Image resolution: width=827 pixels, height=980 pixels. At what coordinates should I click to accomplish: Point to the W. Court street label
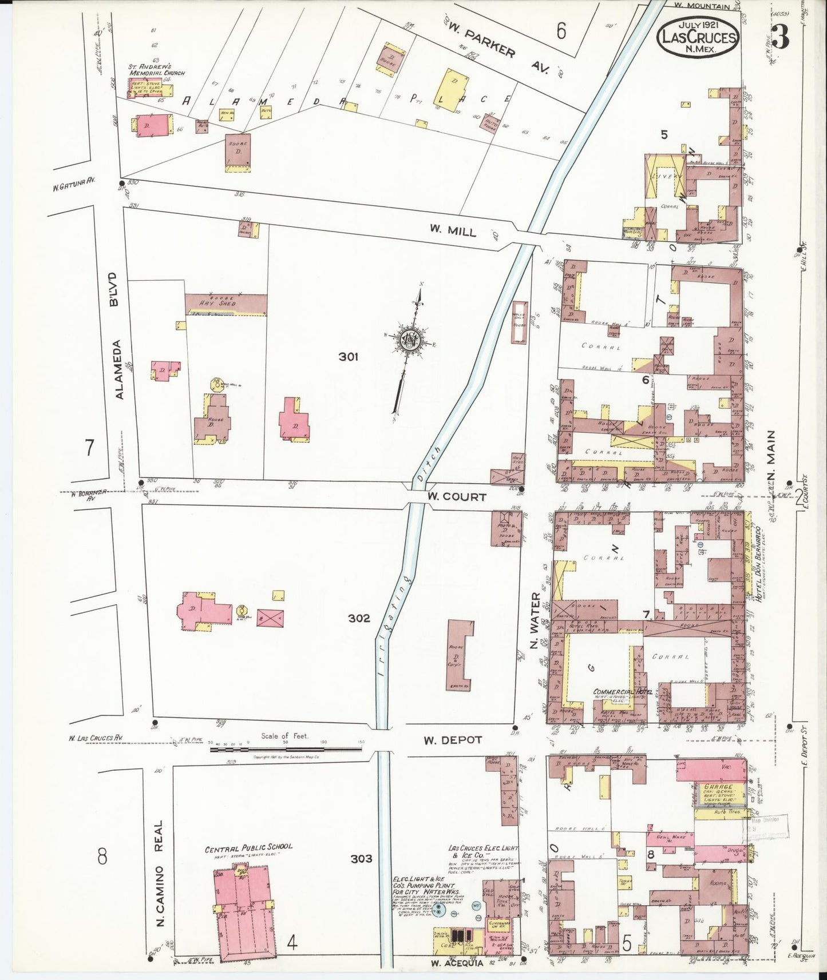456,497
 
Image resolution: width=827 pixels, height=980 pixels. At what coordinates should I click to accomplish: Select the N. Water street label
535,620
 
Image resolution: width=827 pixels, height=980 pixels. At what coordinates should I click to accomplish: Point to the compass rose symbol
410,340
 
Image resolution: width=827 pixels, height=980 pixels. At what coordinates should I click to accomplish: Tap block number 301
348,357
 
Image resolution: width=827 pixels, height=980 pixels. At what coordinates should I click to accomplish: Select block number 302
359,618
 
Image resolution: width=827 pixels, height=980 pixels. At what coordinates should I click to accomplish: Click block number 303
361,858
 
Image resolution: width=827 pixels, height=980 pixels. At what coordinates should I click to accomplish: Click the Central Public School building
244,909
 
